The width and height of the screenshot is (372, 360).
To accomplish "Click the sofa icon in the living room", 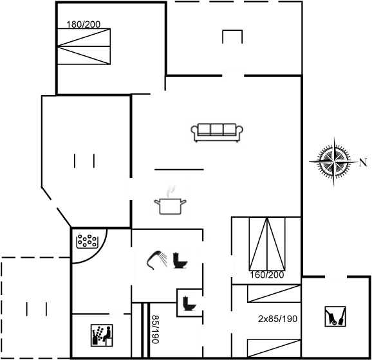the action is [x=217, y=132].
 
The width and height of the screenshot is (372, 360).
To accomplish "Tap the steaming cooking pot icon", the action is [x=170, y=201].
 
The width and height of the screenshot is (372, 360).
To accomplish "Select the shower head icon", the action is [x=156, y=260].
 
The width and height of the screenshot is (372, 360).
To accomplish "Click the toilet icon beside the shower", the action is [x=180, y=260].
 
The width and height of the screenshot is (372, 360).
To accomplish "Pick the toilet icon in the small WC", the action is [x=189, y=303].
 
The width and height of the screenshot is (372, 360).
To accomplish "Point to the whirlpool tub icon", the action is [x=87, y=241].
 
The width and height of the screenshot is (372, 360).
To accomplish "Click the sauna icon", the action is [x=102, y=336].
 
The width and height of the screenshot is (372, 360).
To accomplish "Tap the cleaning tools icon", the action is [x=335, y=316].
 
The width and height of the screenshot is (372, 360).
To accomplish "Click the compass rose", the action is [x=333, y=161].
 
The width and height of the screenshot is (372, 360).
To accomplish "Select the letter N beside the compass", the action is [x=363, y=163].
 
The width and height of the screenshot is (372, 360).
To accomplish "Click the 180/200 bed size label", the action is [x=83, y=24].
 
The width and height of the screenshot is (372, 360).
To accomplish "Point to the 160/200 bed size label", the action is [x=267, y=275].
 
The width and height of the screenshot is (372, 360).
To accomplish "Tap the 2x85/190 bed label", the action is [x=277, y=319].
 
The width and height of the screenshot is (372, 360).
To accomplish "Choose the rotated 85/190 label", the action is [x=155, y=329].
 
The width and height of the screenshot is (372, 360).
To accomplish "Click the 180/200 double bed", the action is [x=84, y=46].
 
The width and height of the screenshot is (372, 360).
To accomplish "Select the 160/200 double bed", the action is [x=267, y=244].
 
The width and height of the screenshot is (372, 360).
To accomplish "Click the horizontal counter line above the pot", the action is [x=179, y=170].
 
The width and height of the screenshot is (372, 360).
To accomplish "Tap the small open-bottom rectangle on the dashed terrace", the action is [x=232, y=37].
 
